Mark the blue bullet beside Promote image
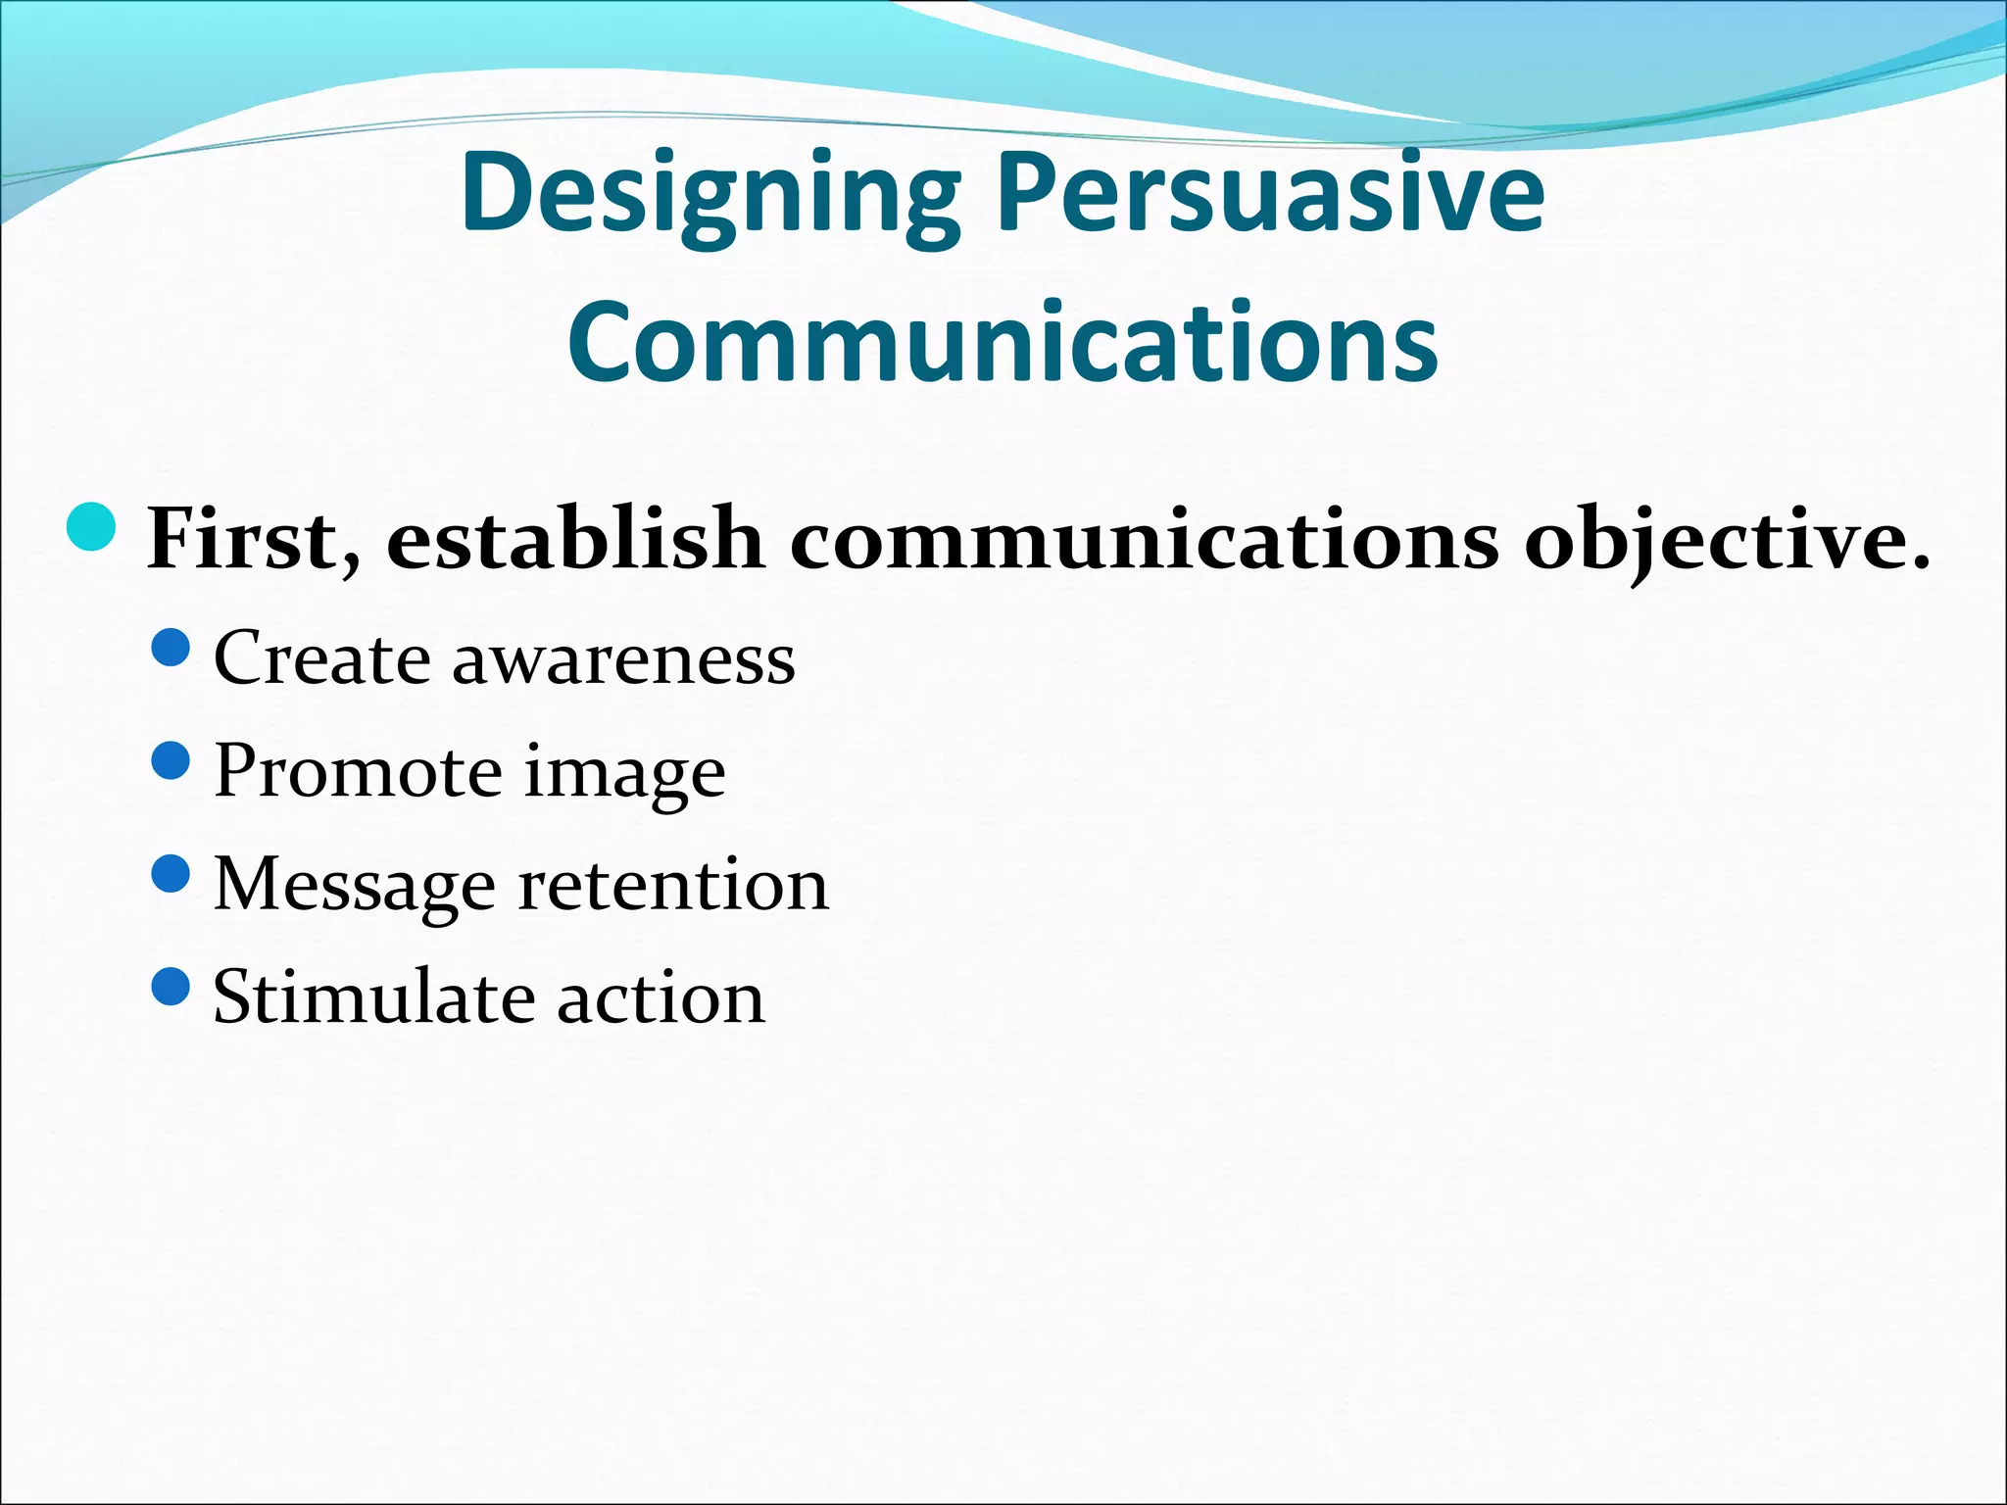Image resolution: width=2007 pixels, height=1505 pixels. tap(171, 760)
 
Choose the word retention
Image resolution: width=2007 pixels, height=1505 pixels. tap(673, 884)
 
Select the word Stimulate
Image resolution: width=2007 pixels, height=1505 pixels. tap(373, 997)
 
